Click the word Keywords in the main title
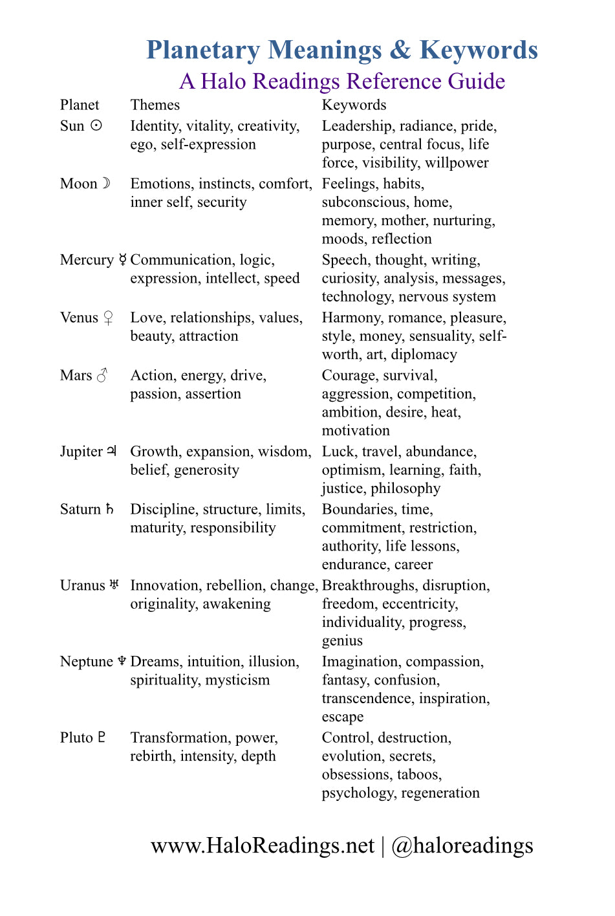click(479, 50)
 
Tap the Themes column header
click(155, 105)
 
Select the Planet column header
click(80, 105)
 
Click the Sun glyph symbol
click(96, 125)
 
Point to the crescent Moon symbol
click(107, 183)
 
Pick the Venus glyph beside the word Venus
click(108, 318)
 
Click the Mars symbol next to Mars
click(102, 375)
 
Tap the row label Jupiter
click(81, 452)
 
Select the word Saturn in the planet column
click(80, 509)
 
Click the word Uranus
click(82, 585)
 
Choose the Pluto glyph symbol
click(102, 737)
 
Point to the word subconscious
click(365, 202)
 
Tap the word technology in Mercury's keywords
click(358, 296)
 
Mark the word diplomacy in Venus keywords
click(424, 354)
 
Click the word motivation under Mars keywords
click(356, 430)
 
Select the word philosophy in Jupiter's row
click(405, 488)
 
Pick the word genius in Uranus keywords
click(342, 640)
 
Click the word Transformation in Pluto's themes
click(179, 737)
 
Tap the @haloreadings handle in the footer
click(462, 845)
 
